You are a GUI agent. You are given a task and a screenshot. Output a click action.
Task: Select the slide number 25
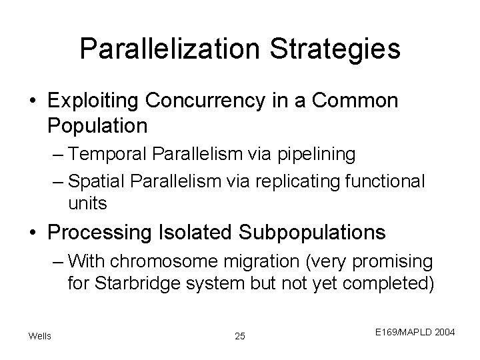(x=240, y=336)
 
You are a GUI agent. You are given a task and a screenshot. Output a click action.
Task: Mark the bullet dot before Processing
(x=35, y=233)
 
